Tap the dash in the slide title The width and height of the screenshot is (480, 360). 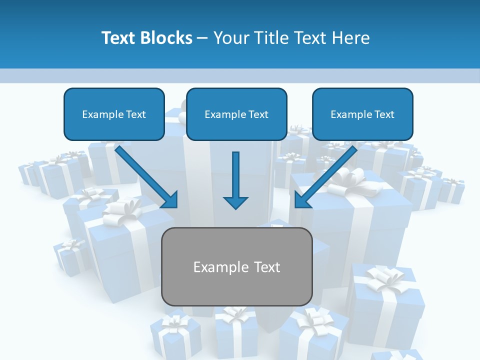(x=202, y=38)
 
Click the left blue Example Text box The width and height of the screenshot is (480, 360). (x=114, y=114)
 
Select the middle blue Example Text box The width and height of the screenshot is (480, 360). (x=236, y=114)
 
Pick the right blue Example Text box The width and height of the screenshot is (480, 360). (x=362, y=114)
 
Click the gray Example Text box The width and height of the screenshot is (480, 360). (x=236, y=266)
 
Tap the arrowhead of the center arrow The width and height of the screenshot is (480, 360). (x=235, y=202)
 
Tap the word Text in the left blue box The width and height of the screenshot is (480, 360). (x=135, y=114)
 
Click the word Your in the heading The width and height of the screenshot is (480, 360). (x=231, y=38)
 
